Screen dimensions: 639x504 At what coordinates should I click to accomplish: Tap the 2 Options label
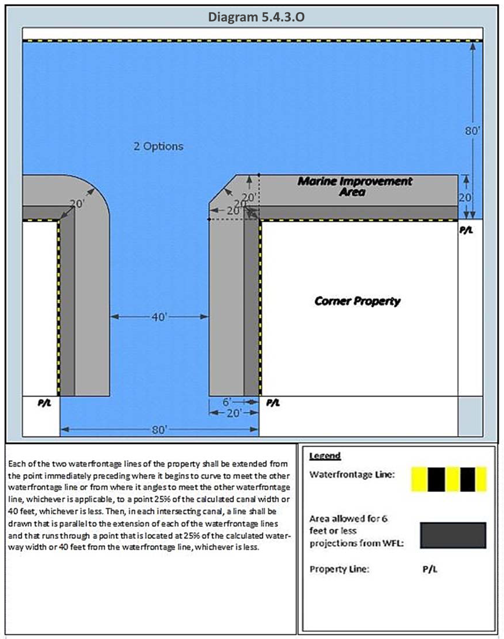(x=158, y=146)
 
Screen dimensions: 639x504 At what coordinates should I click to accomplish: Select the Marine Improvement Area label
(x=355, y=186)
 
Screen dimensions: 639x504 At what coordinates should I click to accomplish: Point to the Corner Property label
(x=357, y=301)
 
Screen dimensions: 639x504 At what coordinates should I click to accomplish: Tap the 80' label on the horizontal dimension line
(x=159, y=429)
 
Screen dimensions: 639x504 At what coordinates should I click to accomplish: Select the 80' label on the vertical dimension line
(x=472, y=131)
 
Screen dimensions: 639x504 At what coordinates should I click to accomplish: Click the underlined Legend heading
(x=325, y=456)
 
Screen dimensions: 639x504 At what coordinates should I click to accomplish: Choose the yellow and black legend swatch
(x=449, y=479)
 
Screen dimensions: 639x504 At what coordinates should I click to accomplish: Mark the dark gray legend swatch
(x=452, y=535)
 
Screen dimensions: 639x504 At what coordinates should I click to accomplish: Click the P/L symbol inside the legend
(x=430, y=569)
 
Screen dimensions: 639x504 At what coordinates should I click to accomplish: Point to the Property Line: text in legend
(x=339, y=569)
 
